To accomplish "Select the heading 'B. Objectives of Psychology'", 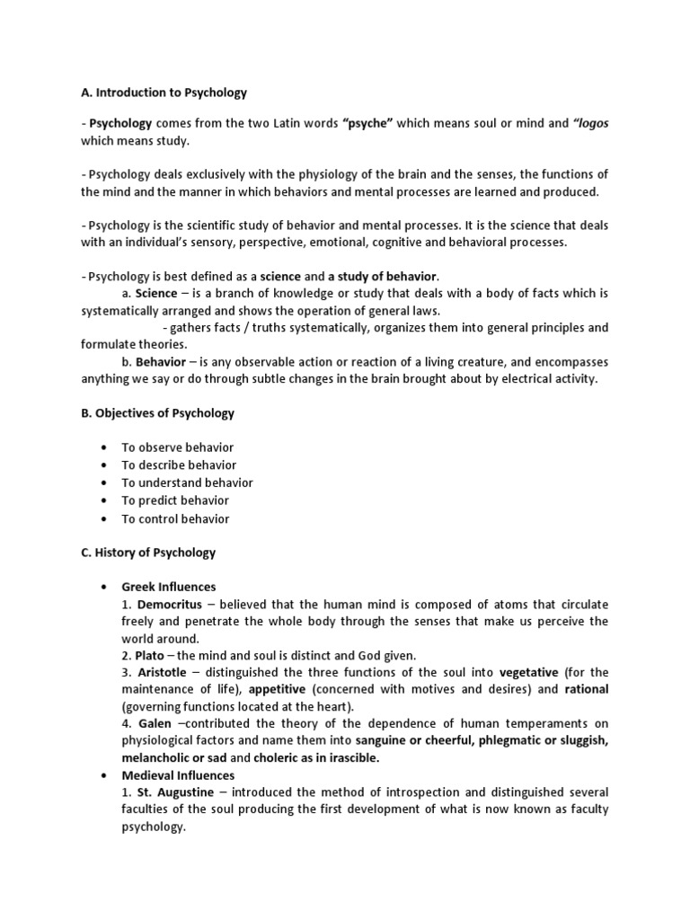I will (157, 413).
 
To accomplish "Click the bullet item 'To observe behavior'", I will (177, 447).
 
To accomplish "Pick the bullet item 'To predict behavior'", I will (175, 500).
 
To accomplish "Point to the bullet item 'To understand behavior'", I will (187, 482).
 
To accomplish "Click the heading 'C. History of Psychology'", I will (148, 553).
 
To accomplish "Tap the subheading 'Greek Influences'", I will (169, 588).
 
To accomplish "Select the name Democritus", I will (169, 605).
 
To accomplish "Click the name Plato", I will (148, 657).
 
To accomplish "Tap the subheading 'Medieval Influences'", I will (178, 775).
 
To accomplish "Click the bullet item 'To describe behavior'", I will (179, 465).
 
